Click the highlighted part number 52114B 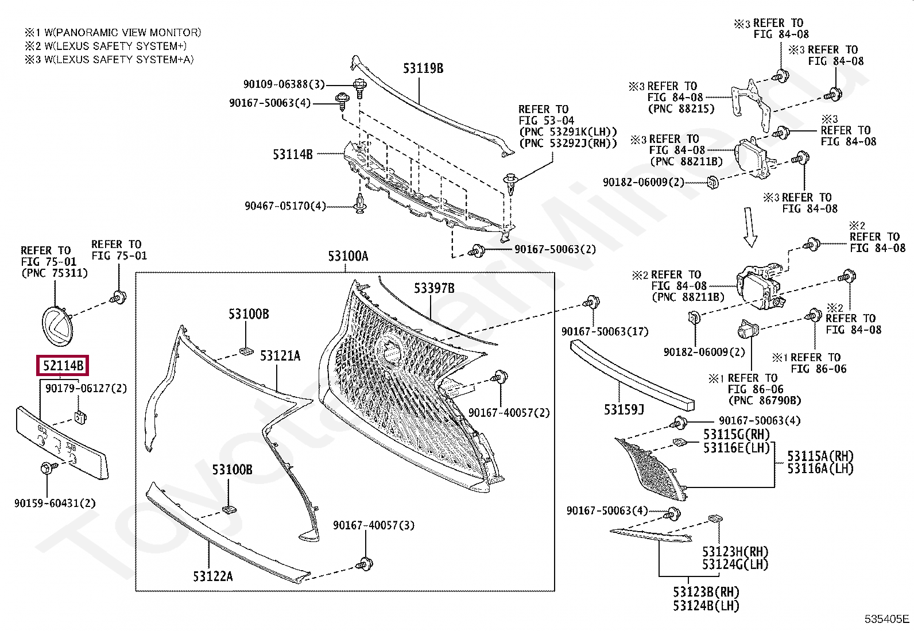pos(63,365)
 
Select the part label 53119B pos(423,68)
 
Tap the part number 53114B pos(292,154)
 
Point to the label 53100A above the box pos(348,256)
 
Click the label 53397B pos(434,288)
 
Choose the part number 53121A pos(280,356)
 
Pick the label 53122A pos(212,576)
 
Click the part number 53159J pos(623,409)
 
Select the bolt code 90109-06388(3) pos(284,84)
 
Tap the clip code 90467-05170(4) pos(285,206)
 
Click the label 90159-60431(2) pos(55,504)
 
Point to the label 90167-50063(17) pos(605,331)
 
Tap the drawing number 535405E pos(887,619)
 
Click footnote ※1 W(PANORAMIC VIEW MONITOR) pos(113,33)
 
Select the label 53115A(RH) pos(820,456)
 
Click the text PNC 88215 pos(681,109)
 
